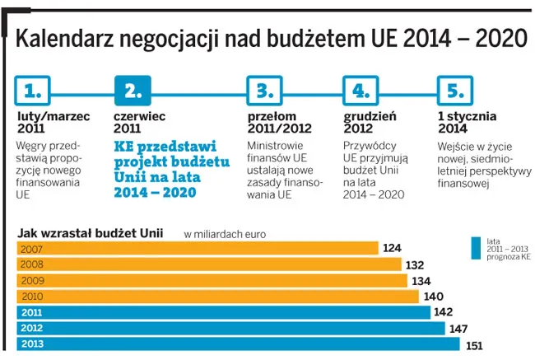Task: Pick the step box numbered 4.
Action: pyautogui.click(x=361, y=89)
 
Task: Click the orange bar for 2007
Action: pyautogui.click(x=198, y=249)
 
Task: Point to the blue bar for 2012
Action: pyautogui.click(x=230, y=328)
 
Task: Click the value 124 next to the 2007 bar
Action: pyautogui.click(x=393, y=249)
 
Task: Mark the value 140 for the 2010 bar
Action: pyautogui.click(x=433, y=297)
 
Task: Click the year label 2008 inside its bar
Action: pyautogui.click(x=32, y=264)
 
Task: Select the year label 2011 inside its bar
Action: pyautogui.click(x=32, y=312)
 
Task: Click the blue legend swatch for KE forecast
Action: pyautogui.click(x=476, y=248)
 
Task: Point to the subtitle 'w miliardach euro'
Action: pyautogui.click(x=225, y=235)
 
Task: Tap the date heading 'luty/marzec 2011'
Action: pyautogui.click(x=53, y=123)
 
